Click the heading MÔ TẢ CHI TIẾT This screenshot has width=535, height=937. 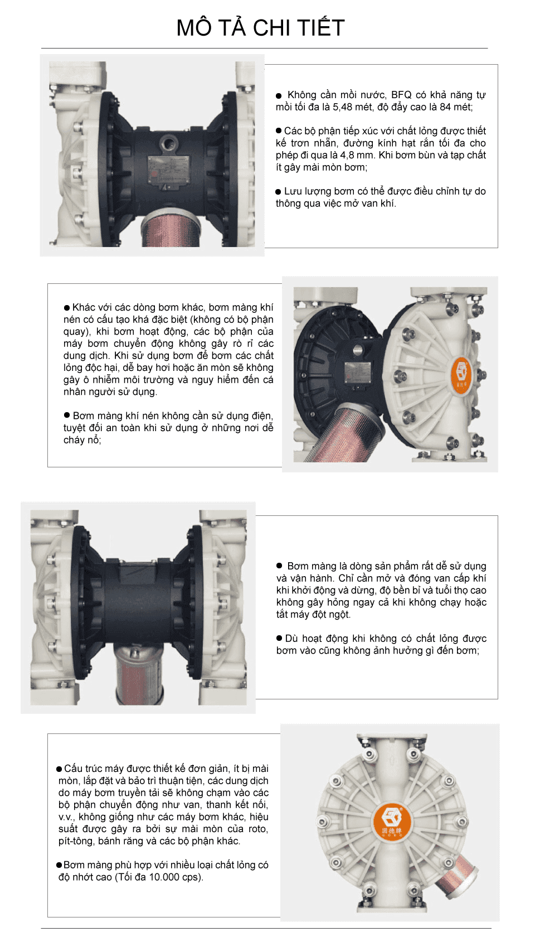point(260,28)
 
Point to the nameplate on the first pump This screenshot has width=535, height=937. point(168,167)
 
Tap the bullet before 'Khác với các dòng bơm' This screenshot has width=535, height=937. point(67,308)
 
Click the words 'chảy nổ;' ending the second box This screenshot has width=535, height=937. point(82,440)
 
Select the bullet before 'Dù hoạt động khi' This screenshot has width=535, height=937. point(280,638)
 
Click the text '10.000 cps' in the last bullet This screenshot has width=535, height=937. point(173,877)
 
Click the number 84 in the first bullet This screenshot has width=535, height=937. point(445,107)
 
